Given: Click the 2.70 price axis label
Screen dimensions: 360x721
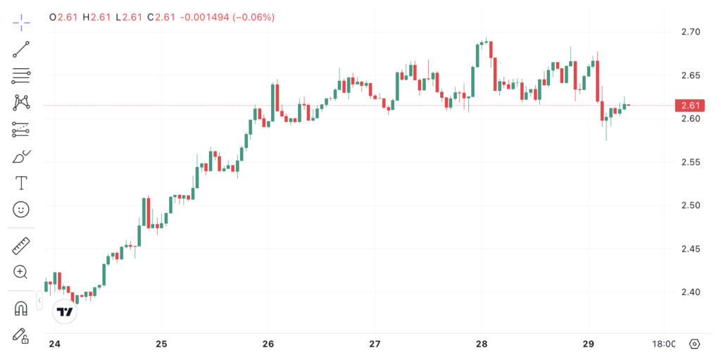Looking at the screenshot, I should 690,32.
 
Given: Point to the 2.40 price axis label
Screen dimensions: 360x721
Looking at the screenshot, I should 690,292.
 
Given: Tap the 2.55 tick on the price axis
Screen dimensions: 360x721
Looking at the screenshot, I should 690,162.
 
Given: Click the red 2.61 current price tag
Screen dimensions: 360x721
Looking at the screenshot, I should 689,106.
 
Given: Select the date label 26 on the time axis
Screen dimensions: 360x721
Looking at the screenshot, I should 268,344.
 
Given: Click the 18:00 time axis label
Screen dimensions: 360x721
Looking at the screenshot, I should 664,344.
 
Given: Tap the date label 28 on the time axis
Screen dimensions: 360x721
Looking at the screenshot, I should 482,344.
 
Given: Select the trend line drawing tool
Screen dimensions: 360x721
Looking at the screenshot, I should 21,49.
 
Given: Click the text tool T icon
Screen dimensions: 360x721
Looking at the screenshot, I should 21,183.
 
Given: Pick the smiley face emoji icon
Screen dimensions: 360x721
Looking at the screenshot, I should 21,209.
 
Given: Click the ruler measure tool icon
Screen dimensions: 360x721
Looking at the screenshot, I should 21,246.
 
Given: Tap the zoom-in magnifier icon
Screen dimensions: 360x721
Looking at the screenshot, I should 21,272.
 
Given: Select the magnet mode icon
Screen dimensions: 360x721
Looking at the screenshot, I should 21,309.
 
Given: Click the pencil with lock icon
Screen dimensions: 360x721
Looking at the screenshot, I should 21,335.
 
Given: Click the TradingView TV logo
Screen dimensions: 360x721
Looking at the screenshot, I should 65,311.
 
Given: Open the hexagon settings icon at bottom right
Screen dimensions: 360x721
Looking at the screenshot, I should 694,344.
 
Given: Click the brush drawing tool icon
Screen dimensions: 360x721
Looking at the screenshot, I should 21,156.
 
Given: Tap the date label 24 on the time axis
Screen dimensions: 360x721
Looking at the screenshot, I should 54,344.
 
